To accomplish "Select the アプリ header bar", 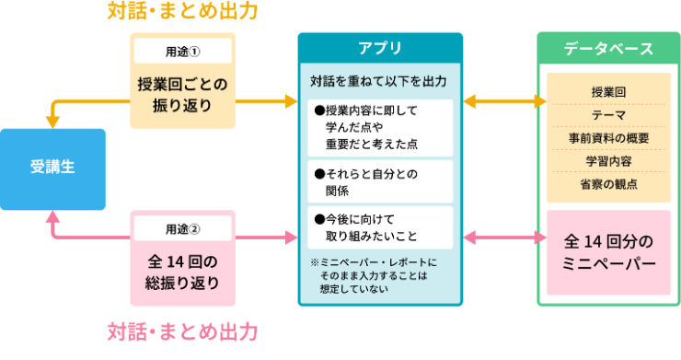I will [379, 47].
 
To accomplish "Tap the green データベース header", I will [608, 48].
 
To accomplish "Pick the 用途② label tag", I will [182, 227].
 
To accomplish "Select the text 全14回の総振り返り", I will [182, 271].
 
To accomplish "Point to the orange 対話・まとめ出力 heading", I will [182, 12].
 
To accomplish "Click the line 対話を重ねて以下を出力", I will [379, 81].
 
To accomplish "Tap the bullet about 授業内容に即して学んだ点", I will [379, 127].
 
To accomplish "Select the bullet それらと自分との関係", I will [379, 181].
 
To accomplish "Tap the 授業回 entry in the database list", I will [608, 93].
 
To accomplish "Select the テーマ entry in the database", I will [608, 115].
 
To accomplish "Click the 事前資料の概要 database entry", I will [608, 138].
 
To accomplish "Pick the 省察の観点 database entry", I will [608, 183].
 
